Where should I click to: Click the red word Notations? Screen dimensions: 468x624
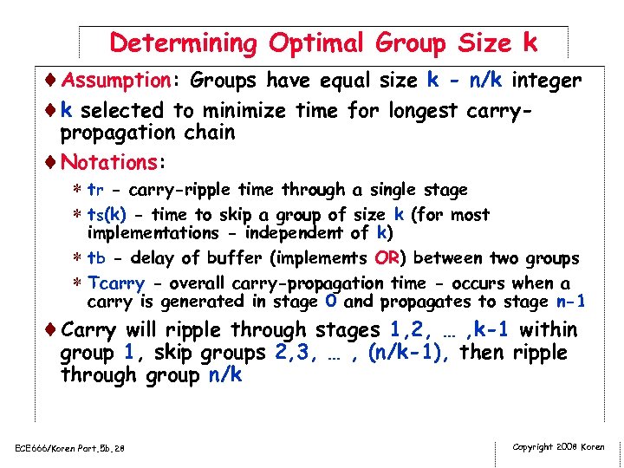tap(107, 162)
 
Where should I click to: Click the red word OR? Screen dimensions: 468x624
tap(386, 258)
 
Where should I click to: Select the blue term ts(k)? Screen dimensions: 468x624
tap(108, 215)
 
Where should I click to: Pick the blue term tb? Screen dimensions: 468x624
tap(97, 258)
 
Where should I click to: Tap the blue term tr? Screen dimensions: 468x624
tap(96, 190)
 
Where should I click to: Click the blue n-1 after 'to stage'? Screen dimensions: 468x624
tap(570, 302)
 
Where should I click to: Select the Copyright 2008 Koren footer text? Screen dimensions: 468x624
tap(559, 447)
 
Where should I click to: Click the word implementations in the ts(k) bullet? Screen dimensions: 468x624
tap(153, 233)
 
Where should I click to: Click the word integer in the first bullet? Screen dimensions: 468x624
tap(546, 81)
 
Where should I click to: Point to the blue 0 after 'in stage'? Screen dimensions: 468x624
tap(331, 302)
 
